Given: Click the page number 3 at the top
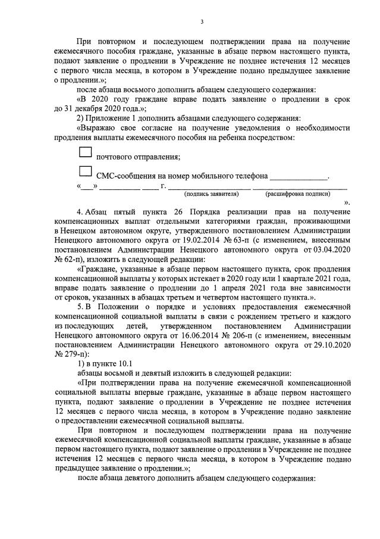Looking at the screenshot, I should click(202, 22).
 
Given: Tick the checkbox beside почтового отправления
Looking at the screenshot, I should click(86, 153).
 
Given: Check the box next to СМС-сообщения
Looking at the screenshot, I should click(86, 172).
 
